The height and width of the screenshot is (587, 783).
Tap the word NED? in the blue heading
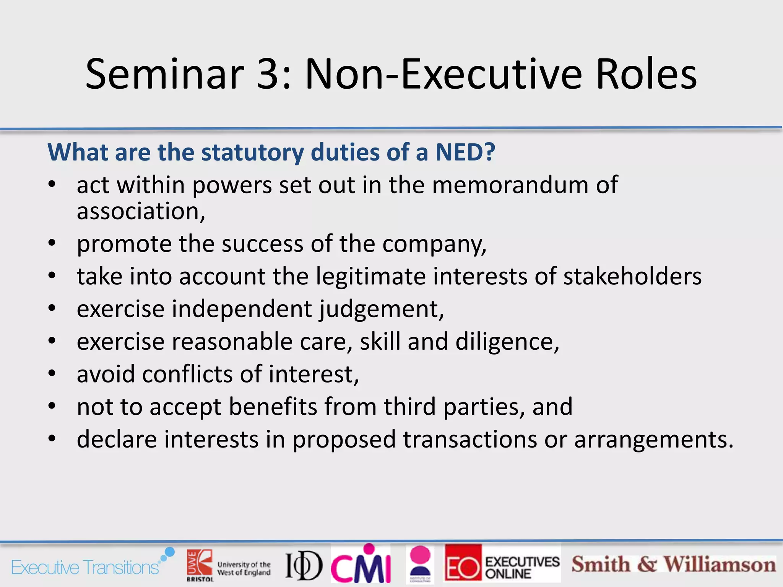(465, 152)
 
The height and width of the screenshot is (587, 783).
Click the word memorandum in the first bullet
(511, 185)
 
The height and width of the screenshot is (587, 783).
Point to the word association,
(141, 211)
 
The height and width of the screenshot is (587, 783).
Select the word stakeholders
(632, 276)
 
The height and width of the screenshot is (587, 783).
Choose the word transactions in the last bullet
(470, 439)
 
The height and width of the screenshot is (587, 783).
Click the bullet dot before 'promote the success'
(52, 243)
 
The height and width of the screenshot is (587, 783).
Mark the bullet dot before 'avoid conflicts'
(52, 373)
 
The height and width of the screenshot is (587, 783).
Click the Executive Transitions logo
(92, 564)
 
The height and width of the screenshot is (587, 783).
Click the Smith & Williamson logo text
(674, 565)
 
